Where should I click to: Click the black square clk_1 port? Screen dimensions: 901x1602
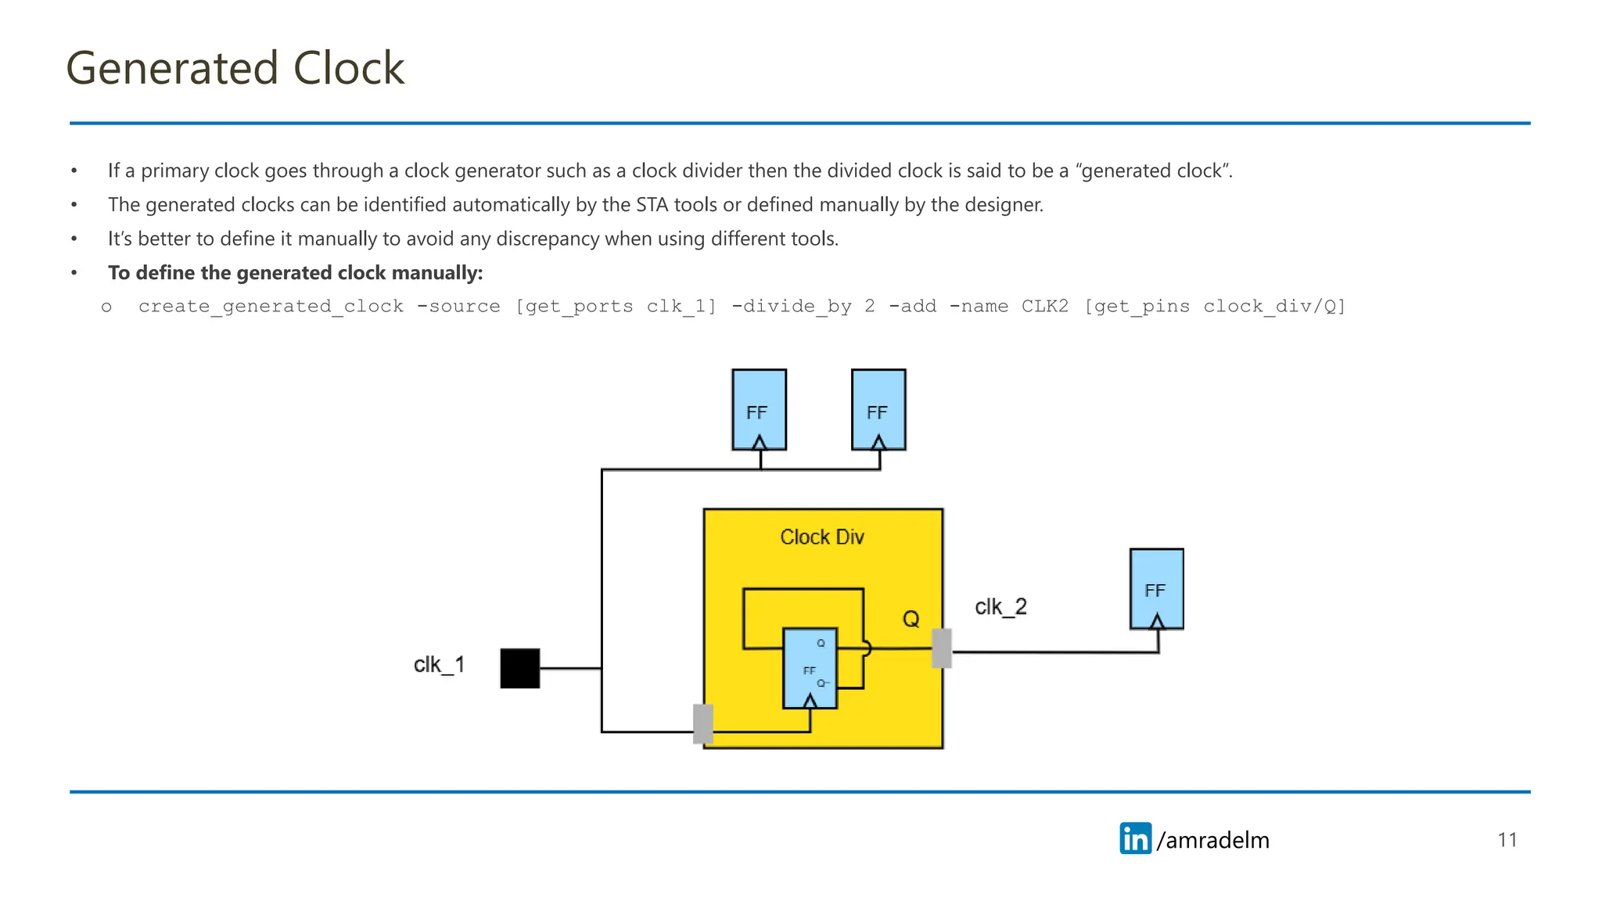click(520, 668)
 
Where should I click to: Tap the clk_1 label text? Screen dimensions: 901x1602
click(439, 665)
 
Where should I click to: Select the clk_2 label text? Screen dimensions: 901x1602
click(1000, 607)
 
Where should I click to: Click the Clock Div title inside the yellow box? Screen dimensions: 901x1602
click(821, 537)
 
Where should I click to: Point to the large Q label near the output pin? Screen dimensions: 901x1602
click(911, 619)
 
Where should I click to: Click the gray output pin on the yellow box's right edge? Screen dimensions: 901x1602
click(942, 648)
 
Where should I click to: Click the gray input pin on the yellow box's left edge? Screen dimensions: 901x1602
click(703, 723)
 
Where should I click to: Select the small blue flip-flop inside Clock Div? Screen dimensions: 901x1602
click(810, 668)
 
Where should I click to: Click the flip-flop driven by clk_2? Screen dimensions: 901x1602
click(1156, 589)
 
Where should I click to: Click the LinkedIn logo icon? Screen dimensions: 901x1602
click(1135, 838)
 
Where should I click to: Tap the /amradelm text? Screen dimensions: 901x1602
click(1213, 840)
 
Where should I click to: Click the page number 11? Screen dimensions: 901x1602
click(1507, 840)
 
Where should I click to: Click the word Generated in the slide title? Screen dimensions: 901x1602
click(172, 68)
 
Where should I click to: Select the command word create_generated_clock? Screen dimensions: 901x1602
click(271, 307)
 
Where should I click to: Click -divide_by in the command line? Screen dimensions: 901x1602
click(791, 307)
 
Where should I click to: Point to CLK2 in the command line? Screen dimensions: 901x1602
click(1044, 307)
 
